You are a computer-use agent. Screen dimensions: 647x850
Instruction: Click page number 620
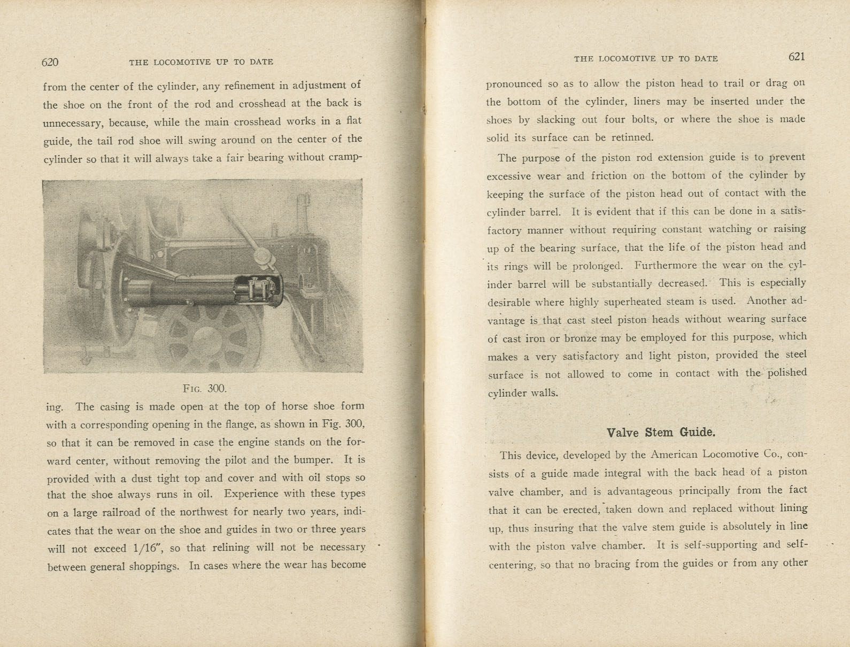(50, 62)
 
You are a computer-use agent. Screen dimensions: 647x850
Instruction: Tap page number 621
(796, 57)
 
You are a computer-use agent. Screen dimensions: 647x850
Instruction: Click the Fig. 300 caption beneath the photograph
(205, 388)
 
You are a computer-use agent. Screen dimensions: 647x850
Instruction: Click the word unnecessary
(73, 122)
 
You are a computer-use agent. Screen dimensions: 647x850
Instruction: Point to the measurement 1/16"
(129, 548)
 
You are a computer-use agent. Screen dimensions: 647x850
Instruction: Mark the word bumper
(312, 460)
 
